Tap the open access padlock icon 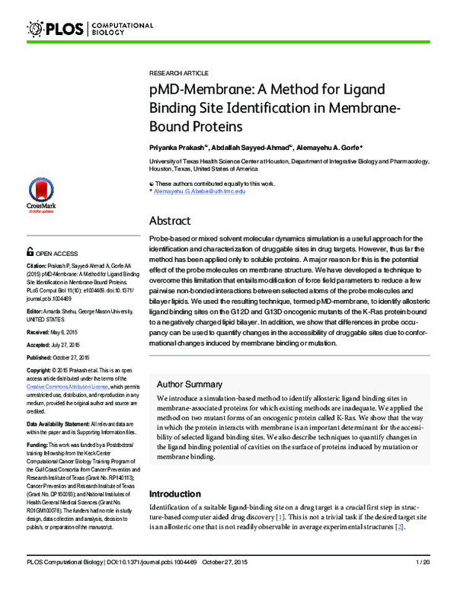coord(30,251)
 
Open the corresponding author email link coord(200,190)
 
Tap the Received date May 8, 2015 coord(65,332)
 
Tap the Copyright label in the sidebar coord(41,370)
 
